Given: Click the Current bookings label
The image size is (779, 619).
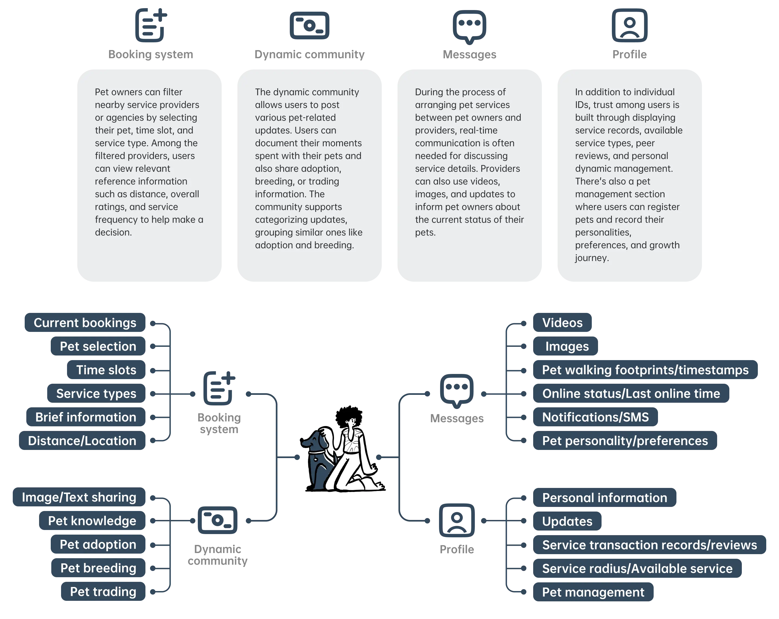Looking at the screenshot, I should [x=85, y=323].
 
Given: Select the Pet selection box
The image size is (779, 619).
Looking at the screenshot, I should [x=98, y=346].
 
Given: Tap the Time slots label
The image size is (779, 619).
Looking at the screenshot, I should [x=106, y=370].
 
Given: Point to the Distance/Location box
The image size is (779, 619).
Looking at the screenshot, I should [x=82, y=440].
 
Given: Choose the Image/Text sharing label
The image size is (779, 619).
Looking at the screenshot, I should [x=79, y=497].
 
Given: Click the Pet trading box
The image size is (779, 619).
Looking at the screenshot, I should [x=103, y=592].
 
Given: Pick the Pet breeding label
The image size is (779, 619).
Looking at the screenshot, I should [x=98, y=568].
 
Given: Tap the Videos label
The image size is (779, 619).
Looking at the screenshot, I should [x=562, y=323].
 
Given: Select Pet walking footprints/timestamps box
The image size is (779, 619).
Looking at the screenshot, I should [x=645, y=370].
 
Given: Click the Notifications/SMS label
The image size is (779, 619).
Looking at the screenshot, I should [x=596, y=417].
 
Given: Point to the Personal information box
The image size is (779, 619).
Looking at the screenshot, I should [x=605, y=498].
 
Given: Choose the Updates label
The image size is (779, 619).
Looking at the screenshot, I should [x=567, y=521].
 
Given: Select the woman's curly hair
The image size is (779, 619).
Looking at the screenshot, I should [x=349, y=415].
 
